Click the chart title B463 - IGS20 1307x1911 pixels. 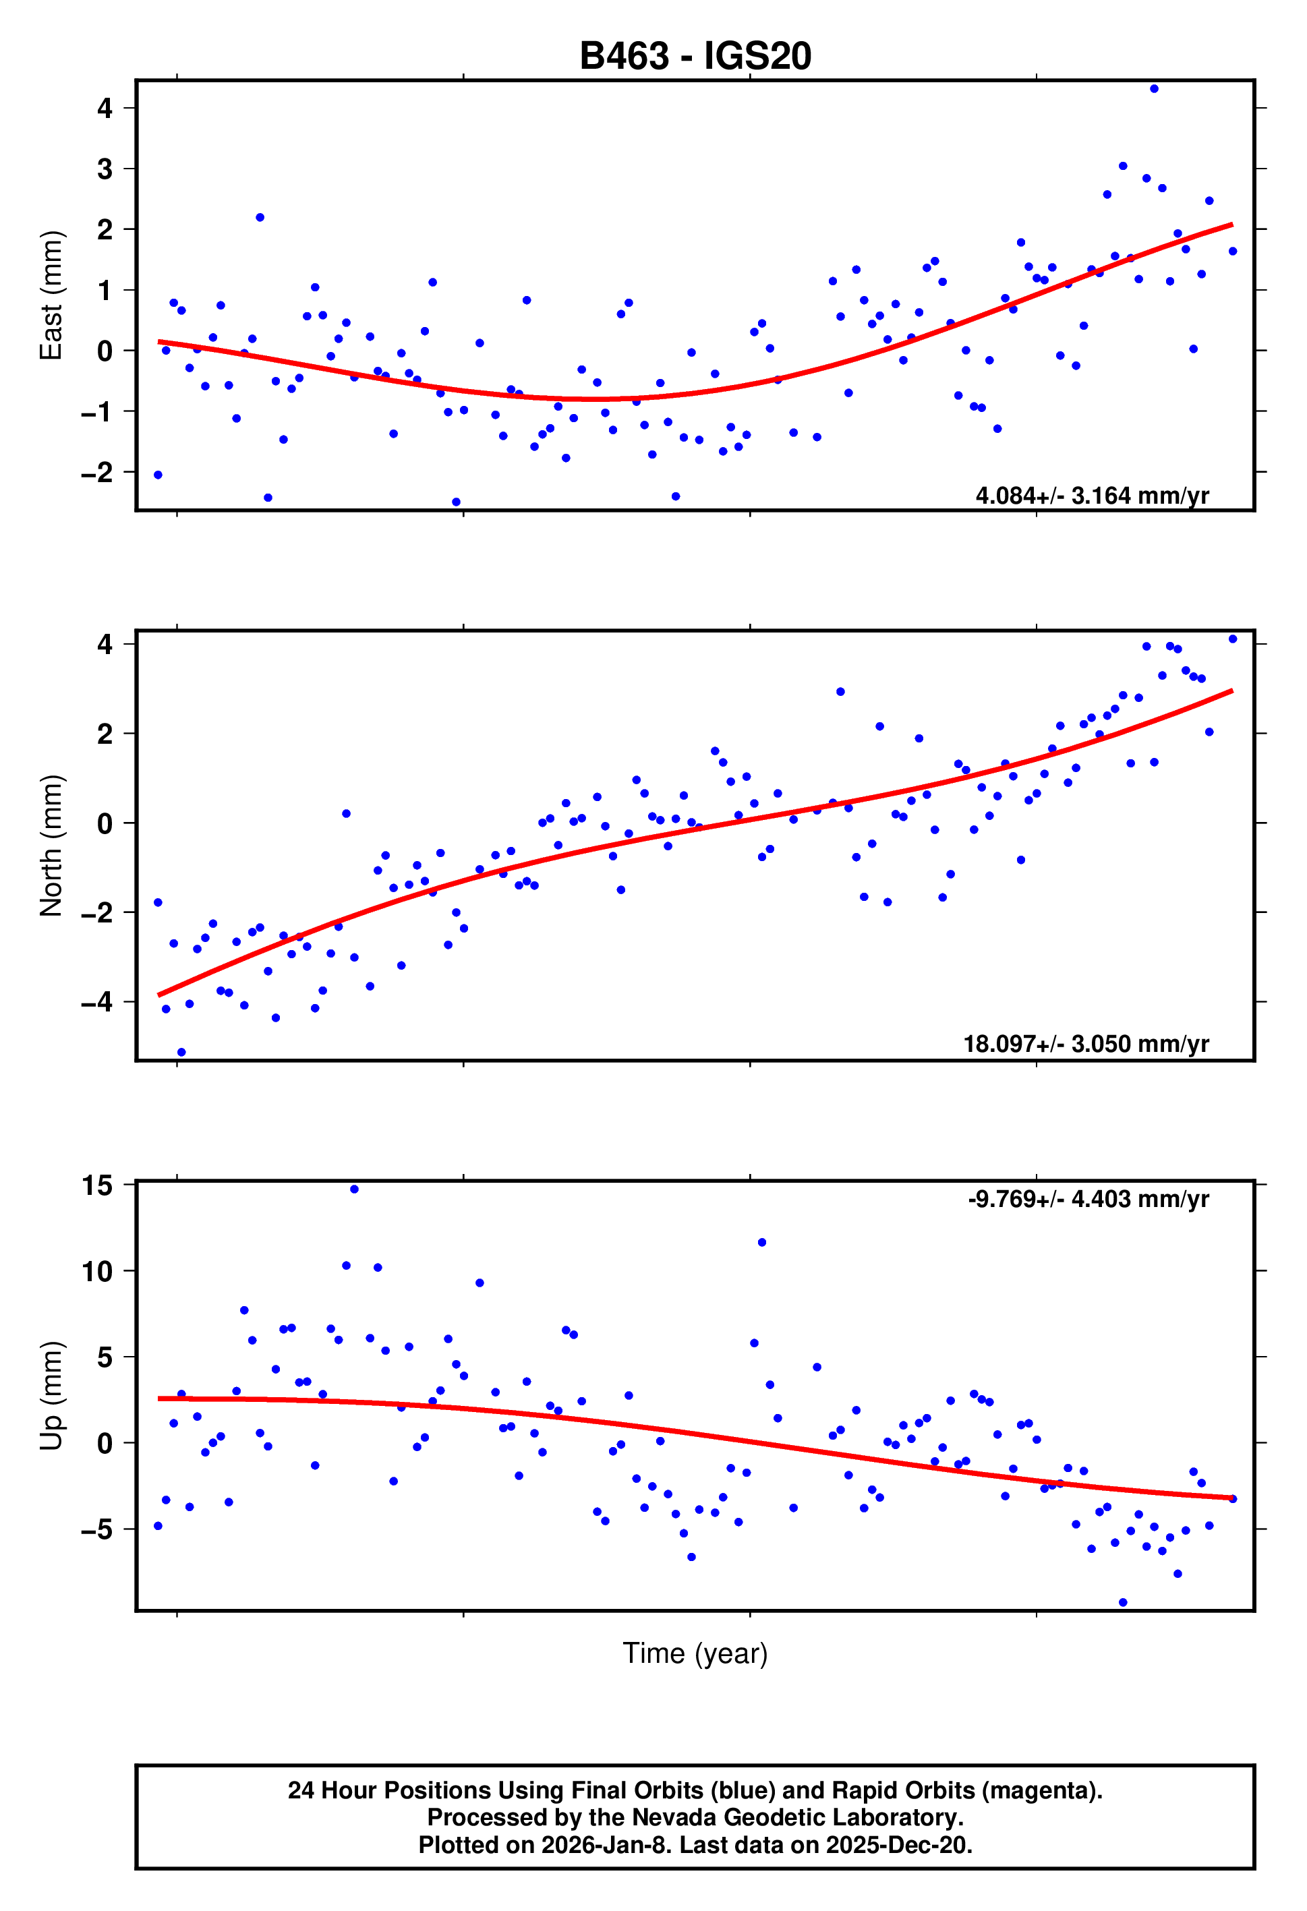pyautogui.click(x=695, y=56)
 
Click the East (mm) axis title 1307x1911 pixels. pyautogui.click(x=51, y=295)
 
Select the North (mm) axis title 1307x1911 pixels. pyautogui.click(x=51, y=846)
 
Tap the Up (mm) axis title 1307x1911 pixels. pyautogui.click(x=51, y=1395)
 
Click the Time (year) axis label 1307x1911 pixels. pyautogui.click(x=695, y=1653)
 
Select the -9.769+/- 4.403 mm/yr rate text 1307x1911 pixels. pyautogui.click(x=1088, y=1199)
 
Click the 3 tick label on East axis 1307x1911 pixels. pyautogui.click(x=105, y=169)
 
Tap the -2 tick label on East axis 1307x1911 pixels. pyautogui.click(x=97, y=473)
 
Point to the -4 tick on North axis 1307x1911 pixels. pyautogui.click(x=97, y=1003)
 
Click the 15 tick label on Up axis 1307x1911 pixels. pyautogui.click(x=97, y=1185)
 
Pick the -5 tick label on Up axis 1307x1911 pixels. pyautogui.click(x=97, y=1530)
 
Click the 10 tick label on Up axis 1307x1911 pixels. pyautogui.click(x=97, y=1271)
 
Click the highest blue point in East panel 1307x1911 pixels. pyautogui.click(x=1154, y=89)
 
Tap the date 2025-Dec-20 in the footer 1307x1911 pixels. pyautogui.click(x=898, y=1844)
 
